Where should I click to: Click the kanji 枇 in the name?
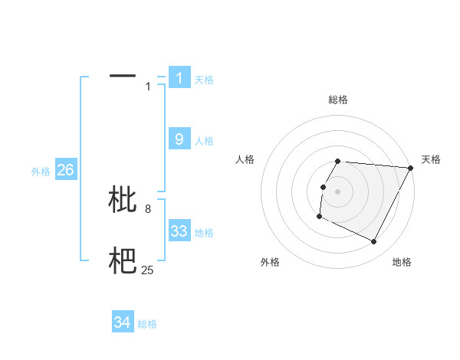(x=123, y=199)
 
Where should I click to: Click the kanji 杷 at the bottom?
(x=123, y=261)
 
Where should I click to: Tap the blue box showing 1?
(x=179, y=77)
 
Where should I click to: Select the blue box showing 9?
(x=179, y=139)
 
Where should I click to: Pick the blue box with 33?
(x=179, y=231)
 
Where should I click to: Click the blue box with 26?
(x=65, y=170)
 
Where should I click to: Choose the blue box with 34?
(x=123, y=322)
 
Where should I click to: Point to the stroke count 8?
(x=148, y=208)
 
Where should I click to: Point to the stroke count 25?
(x=148, y=269)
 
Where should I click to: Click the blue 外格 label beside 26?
(x=41, y=172)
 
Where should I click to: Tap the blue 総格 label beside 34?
(x=147, y=324)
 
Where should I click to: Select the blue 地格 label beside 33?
(x=204, y=233)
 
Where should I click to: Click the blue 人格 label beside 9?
(x=204, y=141)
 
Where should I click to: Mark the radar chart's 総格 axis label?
(x=338, y=100)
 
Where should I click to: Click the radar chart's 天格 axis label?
(x=431, y=159)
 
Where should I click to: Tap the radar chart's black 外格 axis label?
(x=270, y=262)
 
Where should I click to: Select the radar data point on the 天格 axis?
(x=411, y=168)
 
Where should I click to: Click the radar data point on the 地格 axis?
(x=374, y=242)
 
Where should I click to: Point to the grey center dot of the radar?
(x=338, y=191)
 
